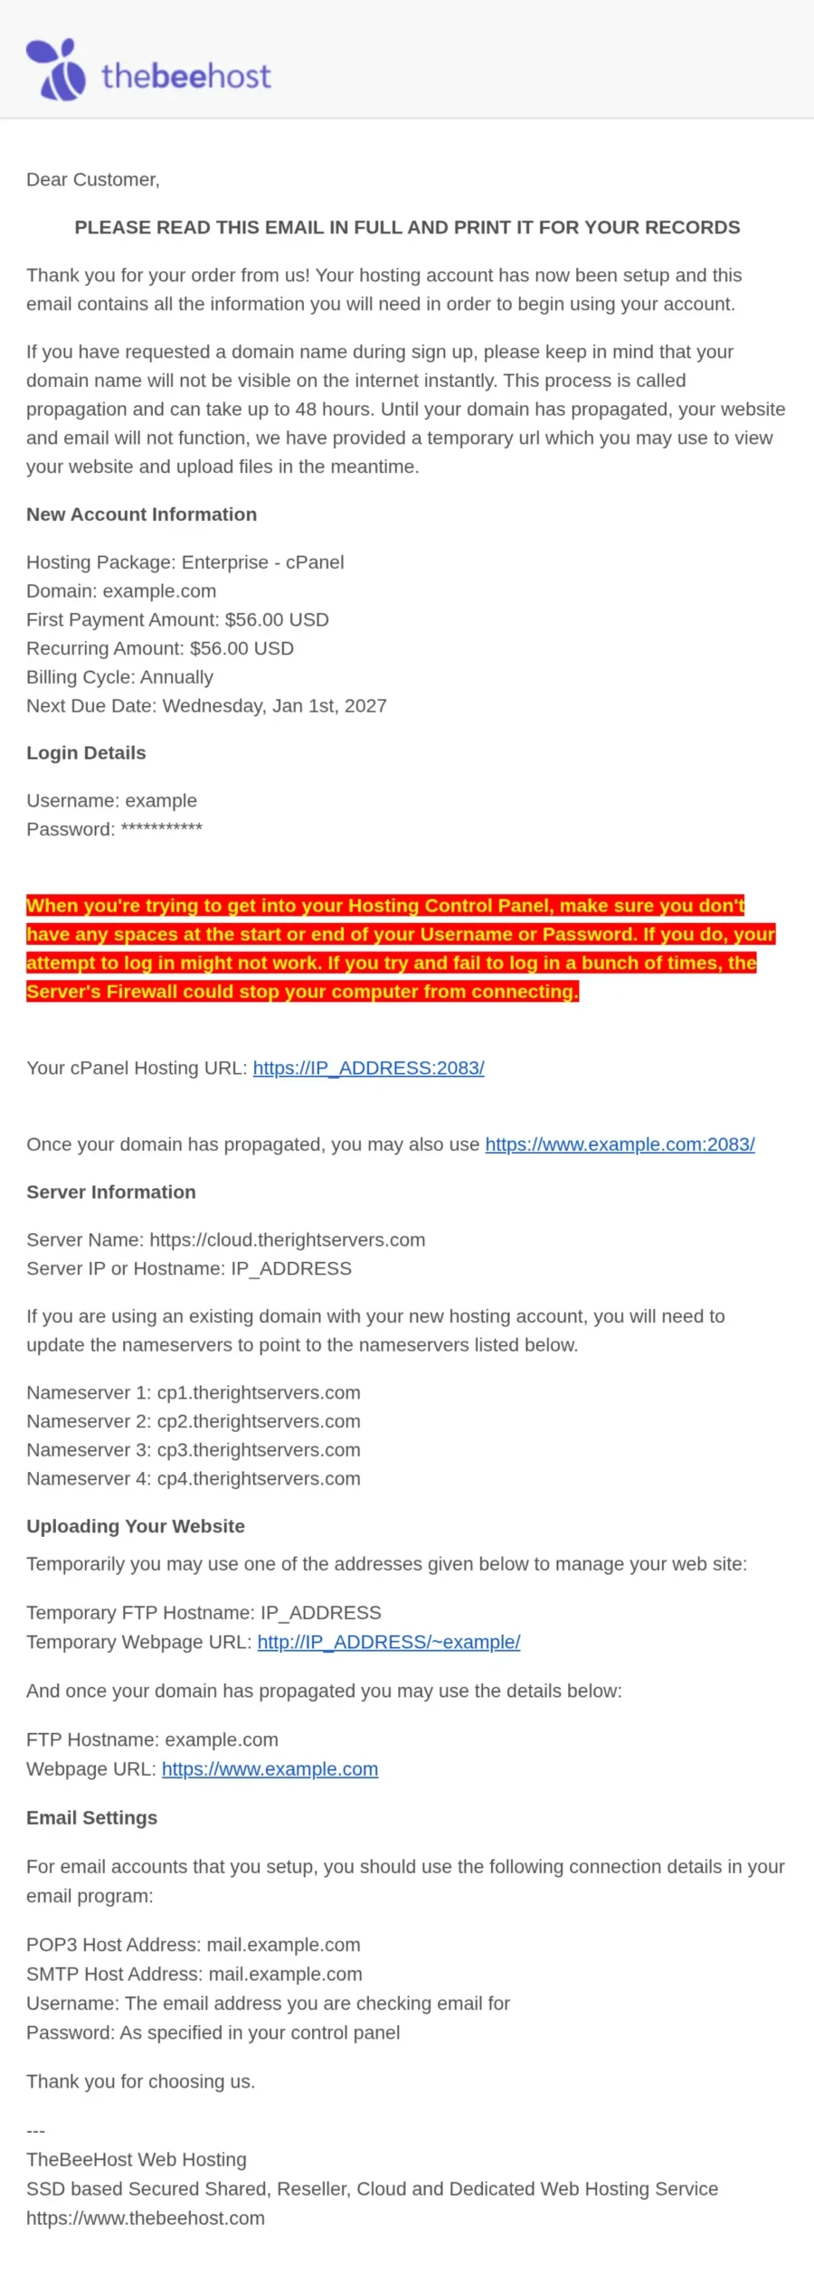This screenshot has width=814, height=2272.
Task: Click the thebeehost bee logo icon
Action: (56, 70)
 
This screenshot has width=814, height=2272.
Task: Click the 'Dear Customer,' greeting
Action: (93, 180)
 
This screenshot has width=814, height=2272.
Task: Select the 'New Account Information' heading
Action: (141, 514)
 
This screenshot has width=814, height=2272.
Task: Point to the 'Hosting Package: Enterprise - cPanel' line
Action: (185, 562)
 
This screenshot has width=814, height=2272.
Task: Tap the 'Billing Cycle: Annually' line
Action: (119, 677)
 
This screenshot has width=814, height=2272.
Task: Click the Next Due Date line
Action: (206, 706)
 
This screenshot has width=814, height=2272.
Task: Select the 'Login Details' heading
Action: (86, 753)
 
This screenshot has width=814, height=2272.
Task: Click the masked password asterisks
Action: (162, 828)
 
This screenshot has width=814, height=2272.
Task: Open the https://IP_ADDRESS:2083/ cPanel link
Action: (368, 1068)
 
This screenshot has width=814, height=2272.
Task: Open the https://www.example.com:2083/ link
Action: (620, 1145)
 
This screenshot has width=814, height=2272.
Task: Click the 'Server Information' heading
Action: (111, 1192)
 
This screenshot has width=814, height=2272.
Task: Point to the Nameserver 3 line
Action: (194, 1450)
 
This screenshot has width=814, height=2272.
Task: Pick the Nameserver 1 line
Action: (194, 1392)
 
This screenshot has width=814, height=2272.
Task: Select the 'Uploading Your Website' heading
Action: (136, 1526)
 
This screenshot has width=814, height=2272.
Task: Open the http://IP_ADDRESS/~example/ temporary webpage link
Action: (389, 1642)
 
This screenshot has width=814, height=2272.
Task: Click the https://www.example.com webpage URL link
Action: (270, 1769)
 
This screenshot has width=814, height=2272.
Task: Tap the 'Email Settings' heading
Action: (91, 1818)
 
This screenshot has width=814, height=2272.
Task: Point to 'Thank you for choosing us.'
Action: (140, 2081)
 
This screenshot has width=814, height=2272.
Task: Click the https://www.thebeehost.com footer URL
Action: (146, 2218)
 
